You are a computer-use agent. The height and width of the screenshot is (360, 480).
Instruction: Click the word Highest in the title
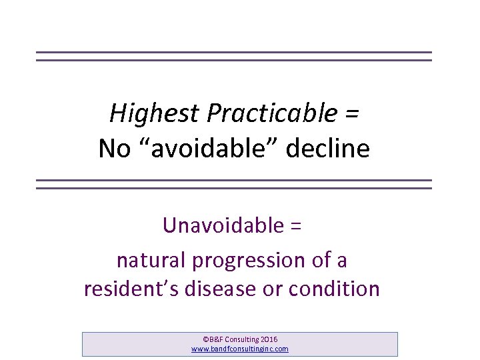point(154,113)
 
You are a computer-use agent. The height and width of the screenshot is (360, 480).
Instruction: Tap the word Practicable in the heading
point(272,113)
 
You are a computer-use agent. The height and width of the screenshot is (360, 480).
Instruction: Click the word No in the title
point(115,148)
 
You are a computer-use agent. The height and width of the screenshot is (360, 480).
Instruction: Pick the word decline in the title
point(327,148)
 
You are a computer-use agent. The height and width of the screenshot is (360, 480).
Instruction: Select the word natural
point(151,260)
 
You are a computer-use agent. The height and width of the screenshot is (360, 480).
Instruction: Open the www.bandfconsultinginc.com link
point(240,349)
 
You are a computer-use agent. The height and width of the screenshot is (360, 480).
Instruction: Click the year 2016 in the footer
point(279,339)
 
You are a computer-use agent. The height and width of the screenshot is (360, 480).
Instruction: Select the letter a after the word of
point(341,261)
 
